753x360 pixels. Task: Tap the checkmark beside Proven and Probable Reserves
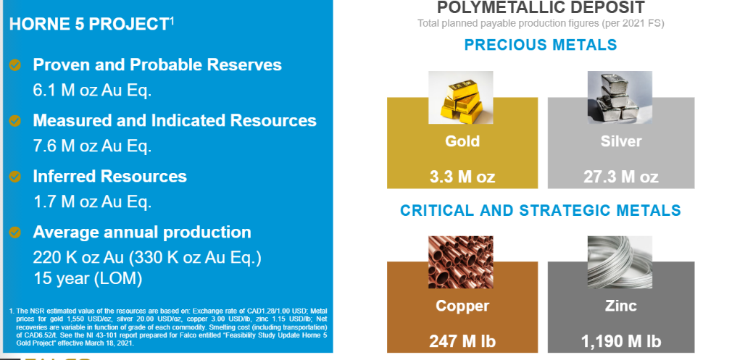(x=15, y=64)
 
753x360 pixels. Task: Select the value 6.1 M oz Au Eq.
(x=92, y=91)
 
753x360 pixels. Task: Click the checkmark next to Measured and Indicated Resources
(x=15, y=120)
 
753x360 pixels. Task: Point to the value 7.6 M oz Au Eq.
(x=92, y=146)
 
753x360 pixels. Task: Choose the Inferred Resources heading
(x=110, y=176)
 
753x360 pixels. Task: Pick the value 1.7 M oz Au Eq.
(x=92, y=201)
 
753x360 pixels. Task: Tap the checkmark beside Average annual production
(x=15, y=233)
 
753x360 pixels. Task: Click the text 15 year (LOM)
(x=88, y=278)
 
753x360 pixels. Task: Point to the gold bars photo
(x=460, y=98)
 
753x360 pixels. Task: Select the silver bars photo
(x=620, y=98)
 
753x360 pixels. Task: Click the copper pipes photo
(x=460, y=262)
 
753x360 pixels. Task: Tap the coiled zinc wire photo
(x=620, y=262)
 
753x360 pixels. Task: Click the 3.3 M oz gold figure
(x=462, y=177)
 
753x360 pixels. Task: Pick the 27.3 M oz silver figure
(x=621, y=177)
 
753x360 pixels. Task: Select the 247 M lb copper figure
(x=462, y=341)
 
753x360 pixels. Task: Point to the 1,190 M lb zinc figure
(x=621, y=341)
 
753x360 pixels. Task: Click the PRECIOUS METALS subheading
(x=541, y=45)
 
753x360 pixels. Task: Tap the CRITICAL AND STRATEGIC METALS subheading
(x=541, y=210)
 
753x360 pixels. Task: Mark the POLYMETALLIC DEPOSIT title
(x=541, y=8)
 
